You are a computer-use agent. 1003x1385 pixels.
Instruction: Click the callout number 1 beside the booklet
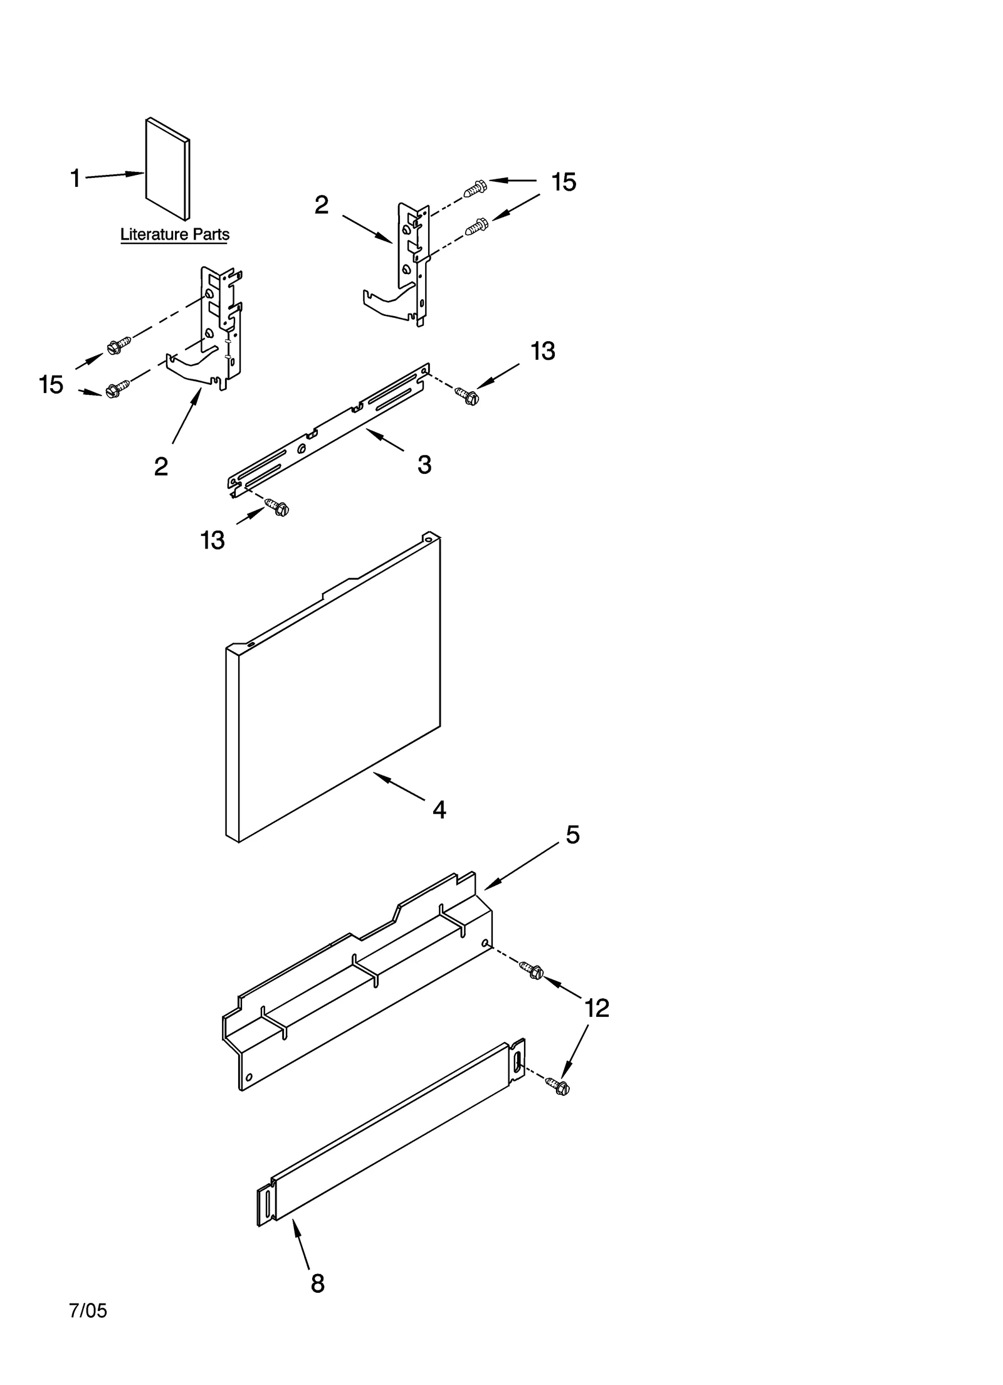75,179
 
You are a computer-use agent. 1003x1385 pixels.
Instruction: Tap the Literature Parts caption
174,234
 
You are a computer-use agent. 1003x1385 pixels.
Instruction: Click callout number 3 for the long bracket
424,465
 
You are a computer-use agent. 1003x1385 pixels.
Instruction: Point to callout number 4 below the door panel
439,810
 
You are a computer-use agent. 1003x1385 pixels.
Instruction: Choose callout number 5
572,835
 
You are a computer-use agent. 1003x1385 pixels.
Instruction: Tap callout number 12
596,1008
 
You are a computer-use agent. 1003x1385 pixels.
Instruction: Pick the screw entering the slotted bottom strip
557,1086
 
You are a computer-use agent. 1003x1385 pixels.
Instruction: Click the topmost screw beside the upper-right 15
476,187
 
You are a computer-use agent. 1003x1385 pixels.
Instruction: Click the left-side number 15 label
51,384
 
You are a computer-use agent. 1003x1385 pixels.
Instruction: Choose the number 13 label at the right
542,352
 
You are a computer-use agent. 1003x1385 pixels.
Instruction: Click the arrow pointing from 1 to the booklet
115,175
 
